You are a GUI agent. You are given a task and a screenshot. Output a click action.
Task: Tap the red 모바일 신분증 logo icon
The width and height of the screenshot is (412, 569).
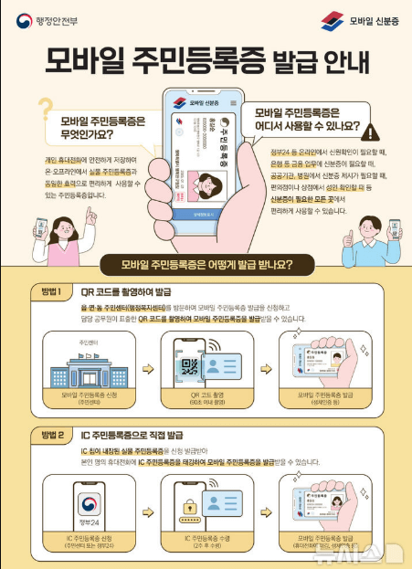point(333,20)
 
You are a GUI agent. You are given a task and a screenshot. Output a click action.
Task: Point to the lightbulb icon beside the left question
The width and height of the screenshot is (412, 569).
point(42,111)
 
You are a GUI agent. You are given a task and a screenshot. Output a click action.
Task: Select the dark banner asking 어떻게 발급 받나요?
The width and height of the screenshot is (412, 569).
point(206,266)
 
